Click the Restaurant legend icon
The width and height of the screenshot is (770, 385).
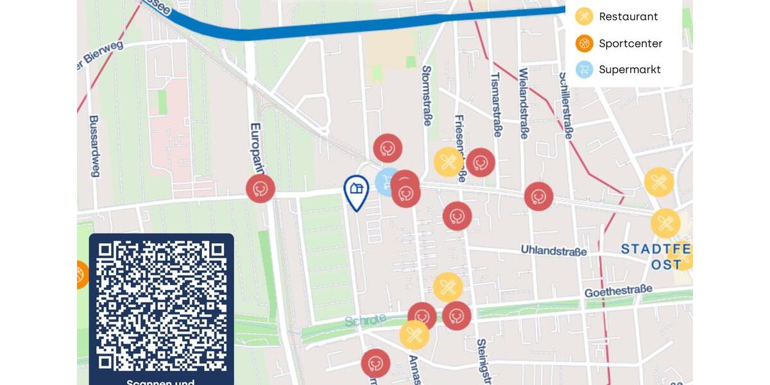(x=584, y=17)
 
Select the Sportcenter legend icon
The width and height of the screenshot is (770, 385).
(x=584, y=44)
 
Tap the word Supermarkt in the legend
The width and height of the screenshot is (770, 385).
(x=629, y=69)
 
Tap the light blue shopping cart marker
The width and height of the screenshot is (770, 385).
(x=386, y=180)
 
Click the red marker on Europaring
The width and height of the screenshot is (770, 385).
(x=261, y=189)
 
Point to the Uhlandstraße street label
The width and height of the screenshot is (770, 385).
(x=553, y=250)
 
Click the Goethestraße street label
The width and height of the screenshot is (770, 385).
(x=617, y=291)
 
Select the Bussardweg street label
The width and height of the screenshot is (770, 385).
(x=94, y=146)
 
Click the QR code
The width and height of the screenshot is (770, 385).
(x=161, y=305)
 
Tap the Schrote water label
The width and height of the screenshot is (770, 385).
(x=365, y=320)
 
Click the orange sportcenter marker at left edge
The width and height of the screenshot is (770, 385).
(x=81, y=275)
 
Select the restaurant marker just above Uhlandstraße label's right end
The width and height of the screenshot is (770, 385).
(x=665, y=223)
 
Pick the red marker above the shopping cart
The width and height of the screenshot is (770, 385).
(x=388, y=148)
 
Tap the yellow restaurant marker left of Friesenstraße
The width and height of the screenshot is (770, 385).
(x=448, y=162)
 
